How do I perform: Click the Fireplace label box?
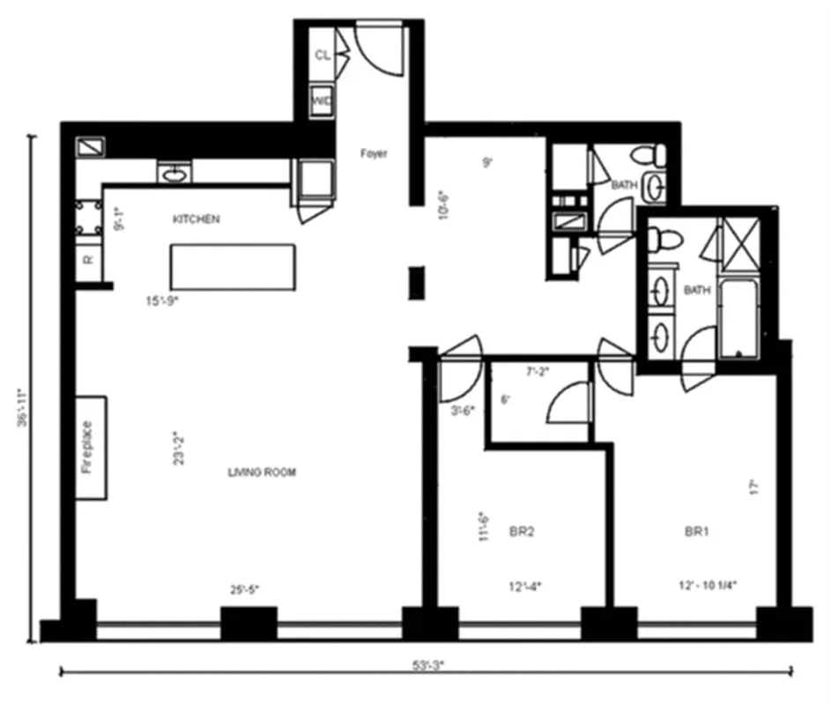pyautogui.click(x=90, y=448)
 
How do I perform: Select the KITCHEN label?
pyautogui.click(x=197, y=219)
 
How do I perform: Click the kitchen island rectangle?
pyautogui.click(x=232, y=266)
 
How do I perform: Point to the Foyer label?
pyautogui.click(x=374, y=154)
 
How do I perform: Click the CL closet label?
pyautogui.click(x=323, y=55)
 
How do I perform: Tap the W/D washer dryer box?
pyautogui.click(x=322, y=101)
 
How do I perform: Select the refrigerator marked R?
pyautogui.click(x=88, y=260)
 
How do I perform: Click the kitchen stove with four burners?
pyautogui.click(x=88, y=219)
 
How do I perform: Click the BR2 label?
pyautogui.click(x=523, y=532)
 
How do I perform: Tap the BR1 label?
pyautogui.click(x=698, y=532)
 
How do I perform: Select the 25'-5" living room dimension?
pyautogui.click(x=244, y=590)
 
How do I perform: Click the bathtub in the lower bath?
pyautogui.click(x=738, y=319)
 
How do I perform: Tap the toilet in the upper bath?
pyautogui.click(x=654, y=155)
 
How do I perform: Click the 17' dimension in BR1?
pyautogui.click(x=753, y=487)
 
